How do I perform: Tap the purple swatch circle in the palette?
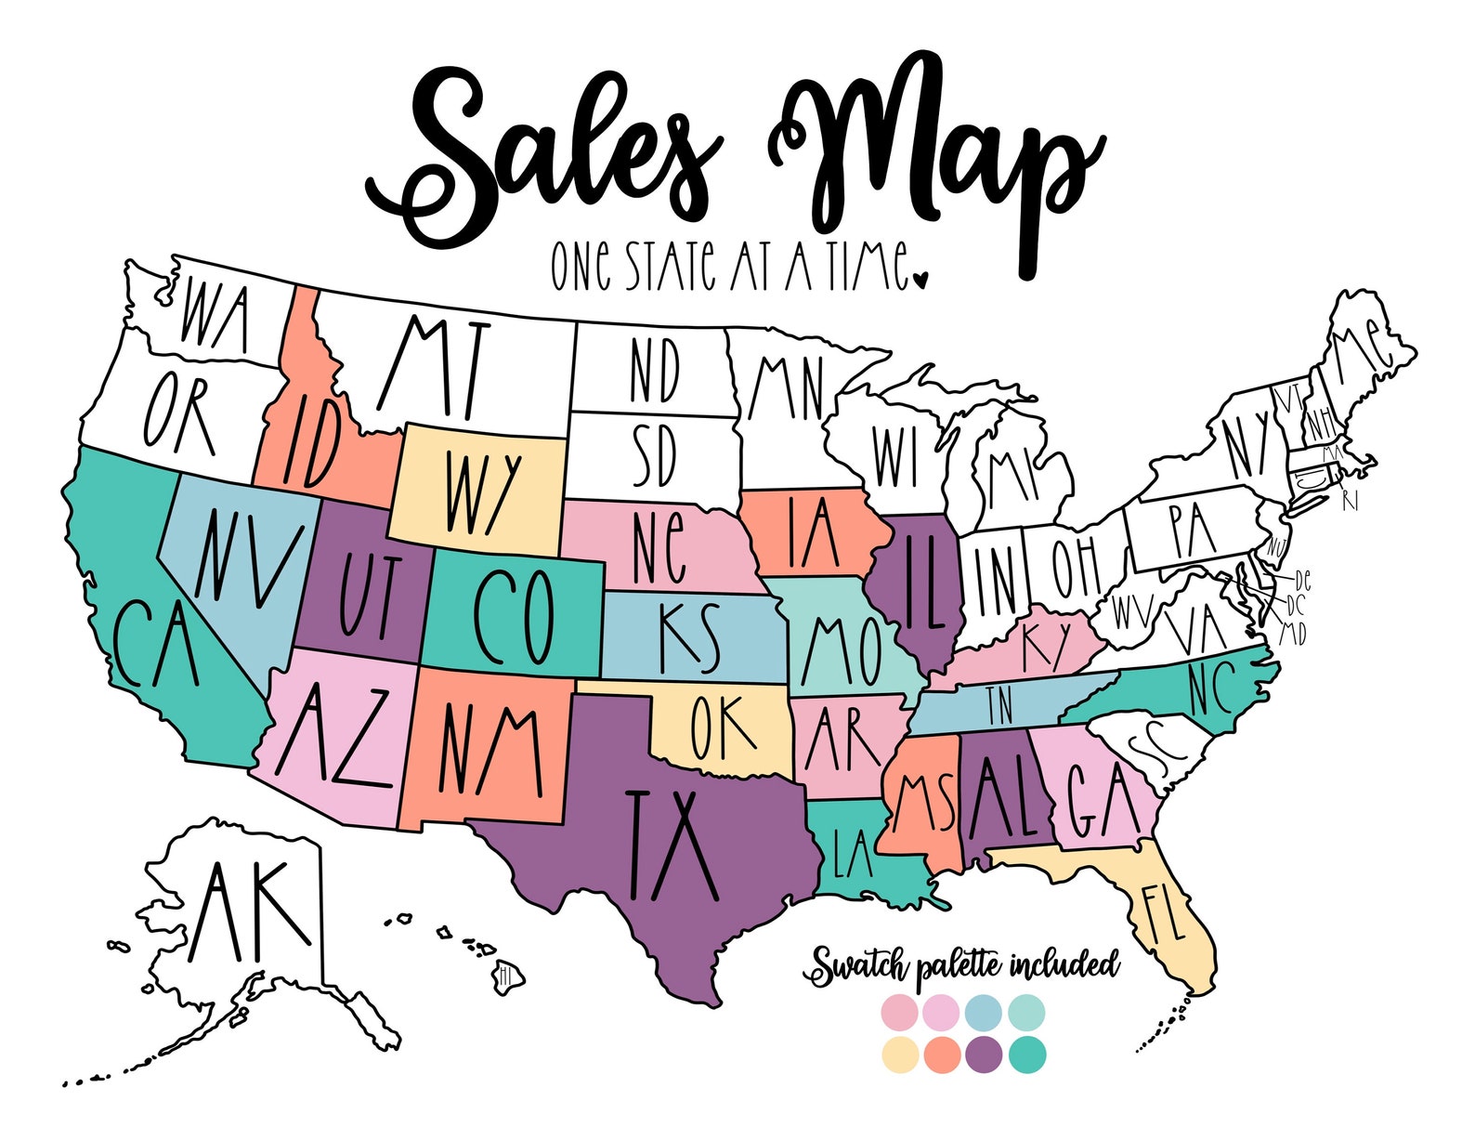click(x=985, y=1055)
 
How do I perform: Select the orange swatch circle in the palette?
click(x=942, y=1055)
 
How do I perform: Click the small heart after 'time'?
click(x=920, y=279)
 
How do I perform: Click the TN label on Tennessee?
click(x=999, y=706)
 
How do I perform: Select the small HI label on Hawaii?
click(x=506, y=976)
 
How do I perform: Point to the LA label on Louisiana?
click(x=852, y=855)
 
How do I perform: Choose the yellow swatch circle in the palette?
click(x=899, y=1055)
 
